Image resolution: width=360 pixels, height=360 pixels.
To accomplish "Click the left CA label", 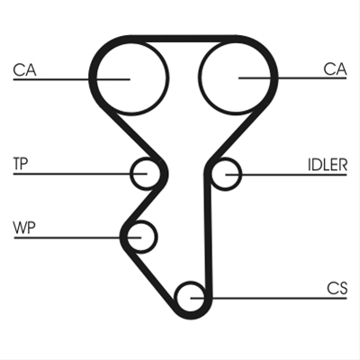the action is [24, 70].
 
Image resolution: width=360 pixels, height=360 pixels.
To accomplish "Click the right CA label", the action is [335, 69].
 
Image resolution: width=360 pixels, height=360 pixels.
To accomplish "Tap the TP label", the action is [21, 164].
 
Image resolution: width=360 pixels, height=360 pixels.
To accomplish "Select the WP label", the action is [24, 228].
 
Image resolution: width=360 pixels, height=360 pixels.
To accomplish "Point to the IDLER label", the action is [328, 165].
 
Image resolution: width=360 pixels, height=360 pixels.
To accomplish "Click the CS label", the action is [337, 288].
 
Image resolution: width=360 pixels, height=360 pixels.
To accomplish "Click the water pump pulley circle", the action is [142, 221].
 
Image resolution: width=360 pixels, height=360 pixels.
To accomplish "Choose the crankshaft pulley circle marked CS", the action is [190, 282].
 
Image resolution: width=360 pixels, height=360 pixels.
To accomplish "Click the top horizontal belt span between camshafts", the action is [184, 39].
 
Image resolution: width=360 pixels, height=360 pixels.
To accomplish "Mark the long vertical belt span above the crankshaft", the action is [208, 236].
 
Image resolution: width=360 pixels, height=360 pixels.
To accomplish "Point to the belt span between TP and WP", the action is [143, 205].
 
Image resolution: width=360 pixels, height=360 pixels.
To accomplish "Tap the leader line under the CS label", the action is [269, 298].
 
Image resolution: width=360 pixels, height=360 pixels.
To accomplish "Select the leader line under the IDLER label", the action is [286, 175].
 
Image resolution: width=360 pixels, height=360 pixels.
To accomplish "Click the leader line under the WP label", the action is [77, 238].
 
